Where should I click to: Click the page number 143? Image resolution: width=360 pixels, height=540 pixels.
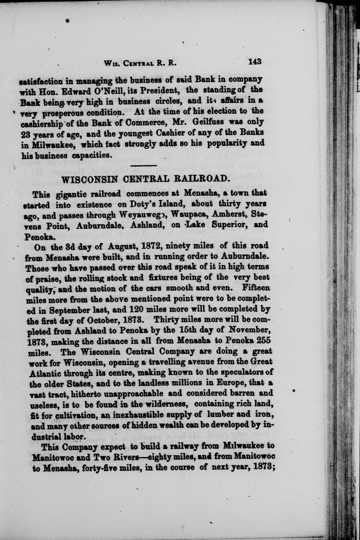pyautogui.click(x=254, y=61)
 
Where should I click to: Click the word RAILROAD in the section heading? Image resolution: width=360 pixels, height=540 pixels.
pyautogui.click(x=201, y=179)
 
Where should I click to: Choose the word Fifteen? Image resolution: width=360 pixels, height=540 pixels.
pyautogui.click(x=256, y=288)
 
